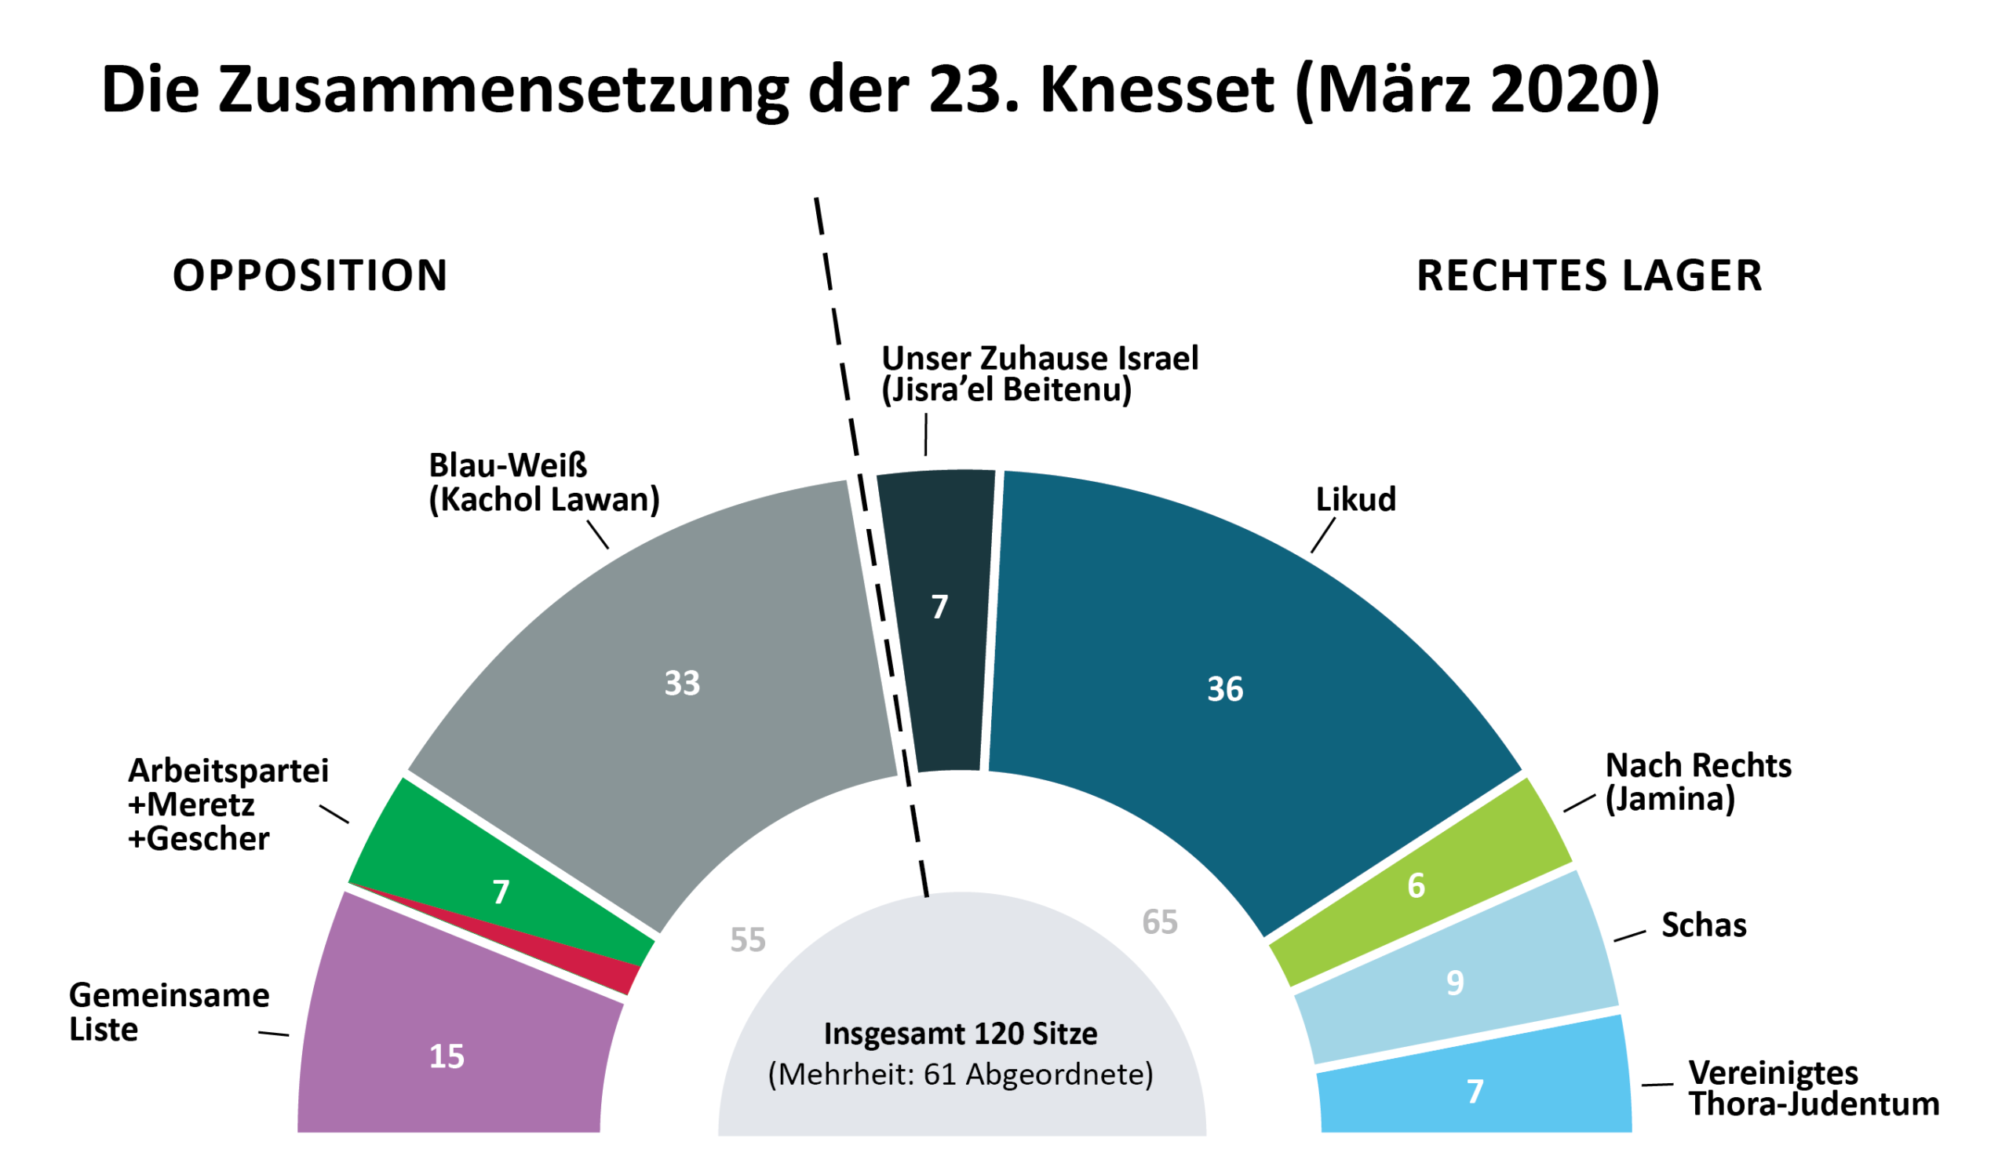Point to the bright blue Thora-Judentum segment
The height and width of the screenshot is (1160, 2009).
1474,1090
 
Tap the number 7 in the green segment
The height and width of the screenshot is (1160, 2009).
500,892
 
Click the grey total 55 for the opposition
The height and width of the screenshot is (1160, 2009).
747,940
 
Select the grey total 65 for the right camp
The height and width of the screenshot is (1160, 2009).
1159,922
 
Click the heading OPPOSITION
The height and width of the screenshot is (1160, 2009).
310,275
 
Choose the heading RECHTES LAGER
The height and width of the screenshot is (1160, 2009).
1588,276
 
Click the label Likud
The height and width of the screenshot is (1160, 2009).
1355,499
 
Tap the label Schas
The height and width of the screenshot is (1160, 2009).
1703,926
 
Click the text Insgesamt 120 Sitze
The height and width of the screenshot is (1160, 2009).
960,1034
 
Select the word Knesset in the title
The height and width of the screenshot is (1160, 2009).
1157,89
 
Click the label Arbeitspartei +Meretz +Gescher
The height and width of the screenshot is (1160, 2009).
228,804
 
